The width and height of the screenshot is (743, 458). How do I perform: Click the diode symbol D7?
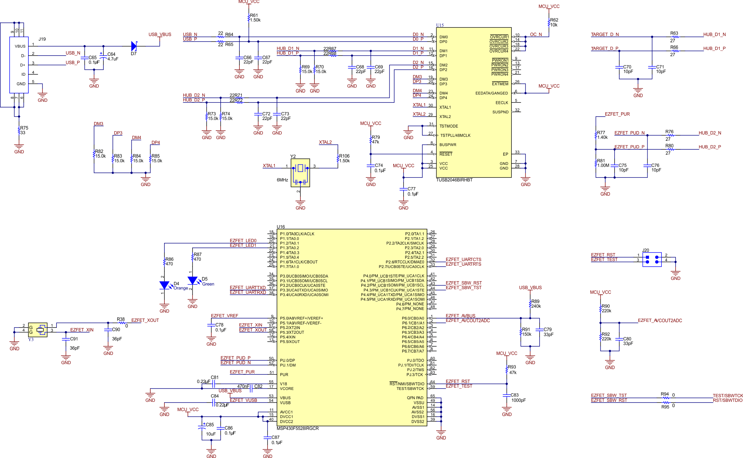(134, 46)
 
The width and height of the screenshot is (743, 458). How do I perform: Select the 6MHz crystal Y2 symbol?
(300, 172)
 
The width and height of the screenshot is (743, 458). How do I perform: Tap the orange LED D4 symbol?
(164, 285)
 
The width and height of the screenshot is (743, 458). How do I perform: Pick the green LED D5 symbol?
(192, 280)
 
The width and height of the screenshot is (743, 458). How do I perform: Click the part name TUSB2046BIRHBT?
(454, 180)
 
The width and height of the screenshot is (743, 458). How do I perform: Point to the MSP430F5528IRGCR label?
(298, 428)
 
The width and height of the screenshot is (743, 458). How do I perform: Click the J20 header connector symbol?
(652, 259)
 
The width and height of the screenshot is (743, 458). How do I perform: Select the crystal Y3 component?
(38, 329)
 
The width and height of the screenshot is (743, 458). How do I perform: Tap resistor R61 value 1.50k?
(255, 20)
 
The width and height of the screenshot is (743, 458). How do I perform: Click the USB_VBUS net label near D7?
(160, 34)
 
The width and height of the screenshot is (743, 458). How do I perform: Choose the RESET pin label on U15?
(446, 154)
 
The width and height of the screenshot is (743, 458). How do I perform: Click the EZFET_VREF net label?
(224, 316)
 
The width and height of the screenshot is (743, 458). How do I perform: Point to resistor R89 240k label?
(536, 306)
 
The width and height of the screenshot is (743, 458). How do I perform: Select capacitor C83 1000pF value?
(518, 400)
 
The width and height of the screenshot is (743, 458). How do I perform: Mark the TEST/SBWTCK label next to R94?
(727, 395)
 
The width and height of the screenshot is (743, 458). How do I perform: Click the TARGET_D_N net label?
(605, 34)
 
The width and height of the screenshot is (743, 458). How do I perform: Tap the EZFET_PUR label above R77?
(617, 114)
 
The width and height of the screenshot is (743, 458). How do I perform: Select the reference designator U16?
(280, 227)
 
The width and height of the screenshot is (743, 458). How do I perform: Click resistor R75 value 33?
(23, 133)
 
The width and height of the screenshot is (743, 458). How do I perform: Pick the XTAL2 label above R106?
(325, 142)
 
